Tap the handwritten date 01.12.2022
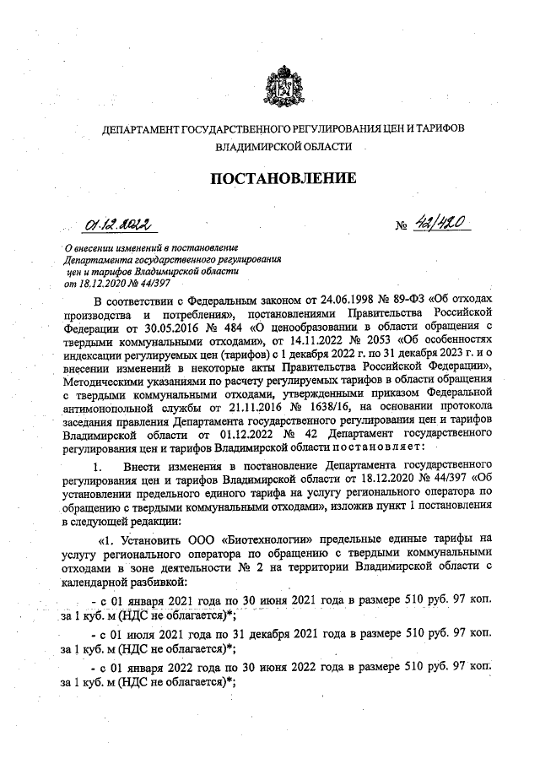[116, 225]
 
